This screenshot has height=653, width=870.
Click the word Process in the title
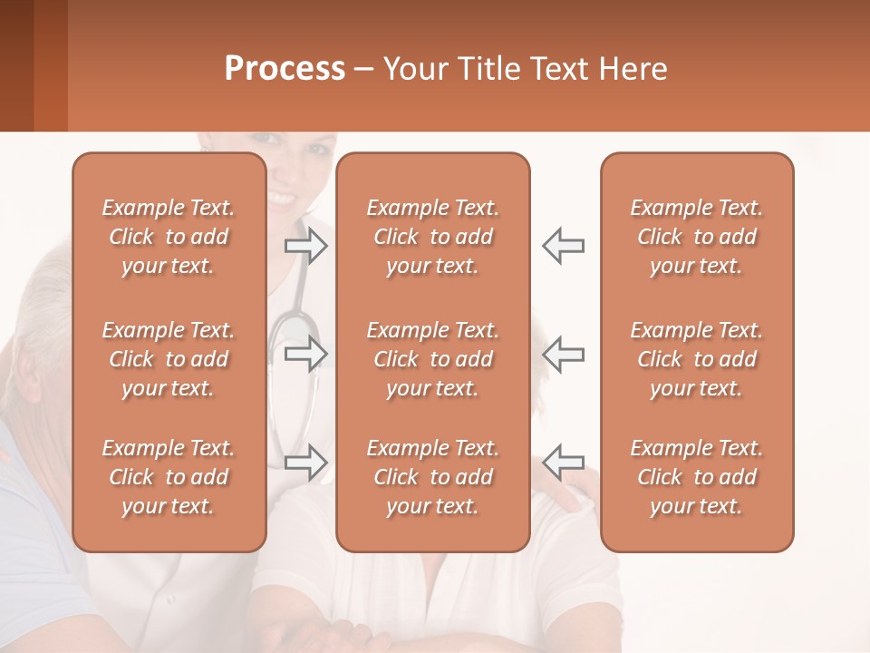[x=285, y=69]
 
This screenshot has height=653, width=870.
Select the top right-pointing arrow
[x=305, y=246]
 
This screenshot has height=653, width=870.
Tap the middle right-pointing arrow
[x=305, y=354]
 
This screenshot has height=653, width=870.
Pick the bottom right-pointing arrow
[x=305, y=463]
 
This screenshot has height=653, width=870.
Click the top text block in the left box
[x=169, y=237]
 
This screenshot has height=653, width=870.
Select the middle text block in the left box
[x=169, y=359]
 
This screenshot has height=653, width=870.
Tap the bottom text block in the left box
[x=169, y=477]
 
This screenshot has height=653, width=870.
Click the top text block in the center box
[x=433, y=237]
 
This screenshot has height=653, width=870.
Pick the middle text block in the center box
[x=433, y=359]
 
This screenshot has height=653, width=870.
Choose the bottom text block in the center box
[x=433, y=477]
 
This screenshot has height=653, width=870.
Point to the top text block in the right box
[x=697, y=237]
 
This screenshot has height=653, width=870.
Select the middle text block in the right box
[x=697, y=359]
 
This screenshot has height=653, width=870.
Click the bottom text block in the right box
[x=697, y=477]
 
